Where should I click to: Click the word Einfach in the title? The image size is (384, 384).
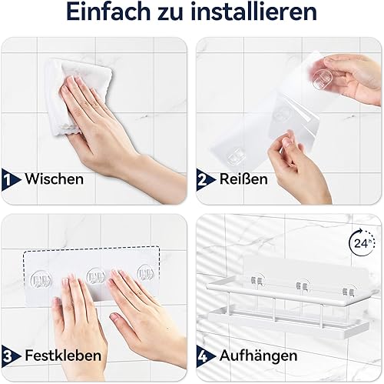pos(108,12)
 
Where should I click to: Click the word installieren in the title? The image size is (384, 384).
pos(253,12)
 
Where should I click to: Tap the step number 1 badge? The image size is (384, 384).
pos(11,179)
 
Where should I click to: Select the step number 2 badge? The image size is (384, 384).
pos(206,179)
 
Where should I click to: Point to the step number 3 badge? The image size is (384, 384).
pos(11,356)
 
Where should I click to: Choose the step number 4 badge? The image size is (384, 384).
pos(206,356)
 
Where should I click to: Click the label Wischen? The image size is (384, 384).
pos(55,179)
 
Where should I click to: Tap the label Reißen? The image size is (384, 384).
pos(243,179)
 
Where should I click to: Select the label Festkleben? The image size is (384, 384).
pos(63,356)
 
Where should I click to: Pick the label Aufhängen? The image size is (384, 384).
pos(258,356)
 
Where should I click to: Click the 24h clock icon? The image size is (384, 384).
pos(362,242)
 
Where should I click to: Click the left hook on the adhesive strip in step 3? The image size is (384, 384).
pos(41,279)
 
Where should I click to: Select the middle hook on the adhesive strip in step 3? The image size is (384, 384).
pos(96,277)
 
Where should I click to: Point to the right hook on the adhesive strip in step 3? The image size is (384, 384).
pos(146,275)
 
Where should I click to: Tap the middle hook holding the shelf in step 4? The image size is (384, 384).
pos(302,286)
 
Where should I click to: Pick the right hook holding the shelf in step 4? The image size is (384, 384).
pos(349,292)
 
